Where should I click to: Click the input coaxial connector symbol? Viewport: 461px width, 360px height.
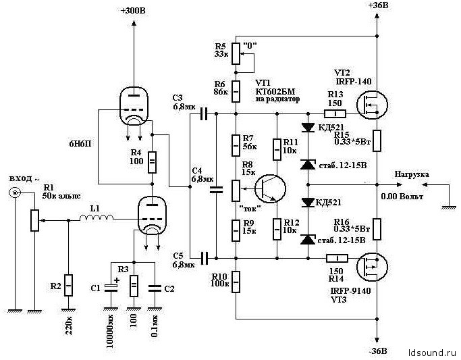pos(13,194)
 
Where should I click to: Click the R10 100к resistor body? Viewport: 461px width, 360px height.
pos(236,280)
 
